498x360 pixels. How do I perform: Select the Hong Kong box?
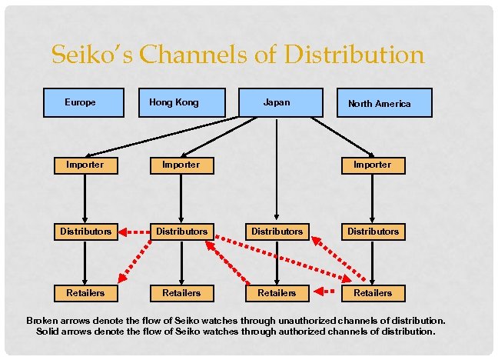[x=181, y=102]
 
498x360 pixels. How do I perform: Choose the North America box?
[x=383, y=103]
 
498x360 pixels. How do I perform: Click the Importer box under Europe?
[x=85, y=165]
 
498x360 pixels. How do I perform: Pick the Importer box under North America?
[x=373, y=165]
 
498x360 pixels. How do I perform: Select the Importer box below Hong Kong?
[x=181, y=165]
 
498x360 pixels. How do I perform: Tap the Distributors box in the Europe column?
[x=85, y=231]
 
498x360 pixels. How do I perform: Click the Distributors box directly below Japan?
[x=277, y=231]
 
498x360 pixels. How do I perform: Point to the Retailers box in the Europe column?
[x=85, y=292]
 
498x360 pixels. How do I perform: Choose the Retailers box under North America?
[x=373, y=292]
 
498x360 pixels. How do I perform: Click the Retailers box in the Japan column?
[x=277, y=292]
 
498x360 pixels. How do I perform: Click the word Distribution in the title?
[x=354, y=55]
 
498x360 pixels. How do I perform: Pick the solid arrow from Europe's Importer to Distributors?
[x=85, y=198]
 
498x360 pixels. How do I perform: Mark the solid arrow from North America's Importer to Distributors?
[x=373, y=198]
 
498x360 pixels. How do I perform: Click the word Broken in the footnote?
[x=43, y=320]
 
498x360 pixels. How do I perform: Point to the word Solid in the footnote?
[x=51, y=332]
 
